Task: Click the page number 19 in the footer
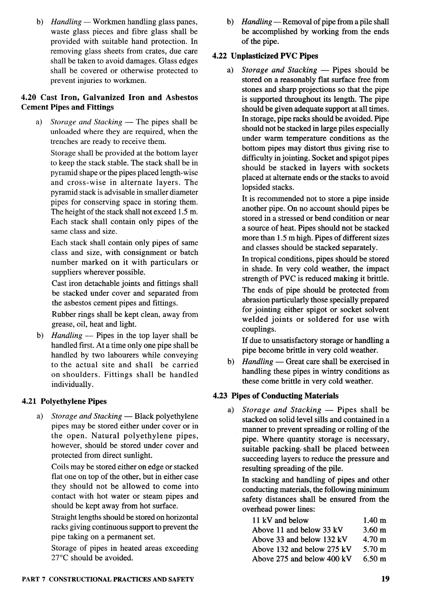point(385,579)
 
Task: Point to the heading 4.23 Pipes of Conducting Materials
point(276,396)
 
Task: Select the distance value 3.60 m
point(374,530)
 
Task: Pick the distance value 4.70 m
point(374,539)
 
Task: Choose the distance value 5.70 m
point(374,549)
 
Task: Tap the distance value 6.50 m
point(374,559)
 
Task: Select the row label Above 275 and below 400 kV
point(302,559)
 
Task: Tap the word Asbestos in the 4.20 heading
point(182,97)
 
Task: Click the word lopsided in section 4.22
point(256,187)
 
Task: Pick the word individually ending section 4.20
point(72,384)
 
